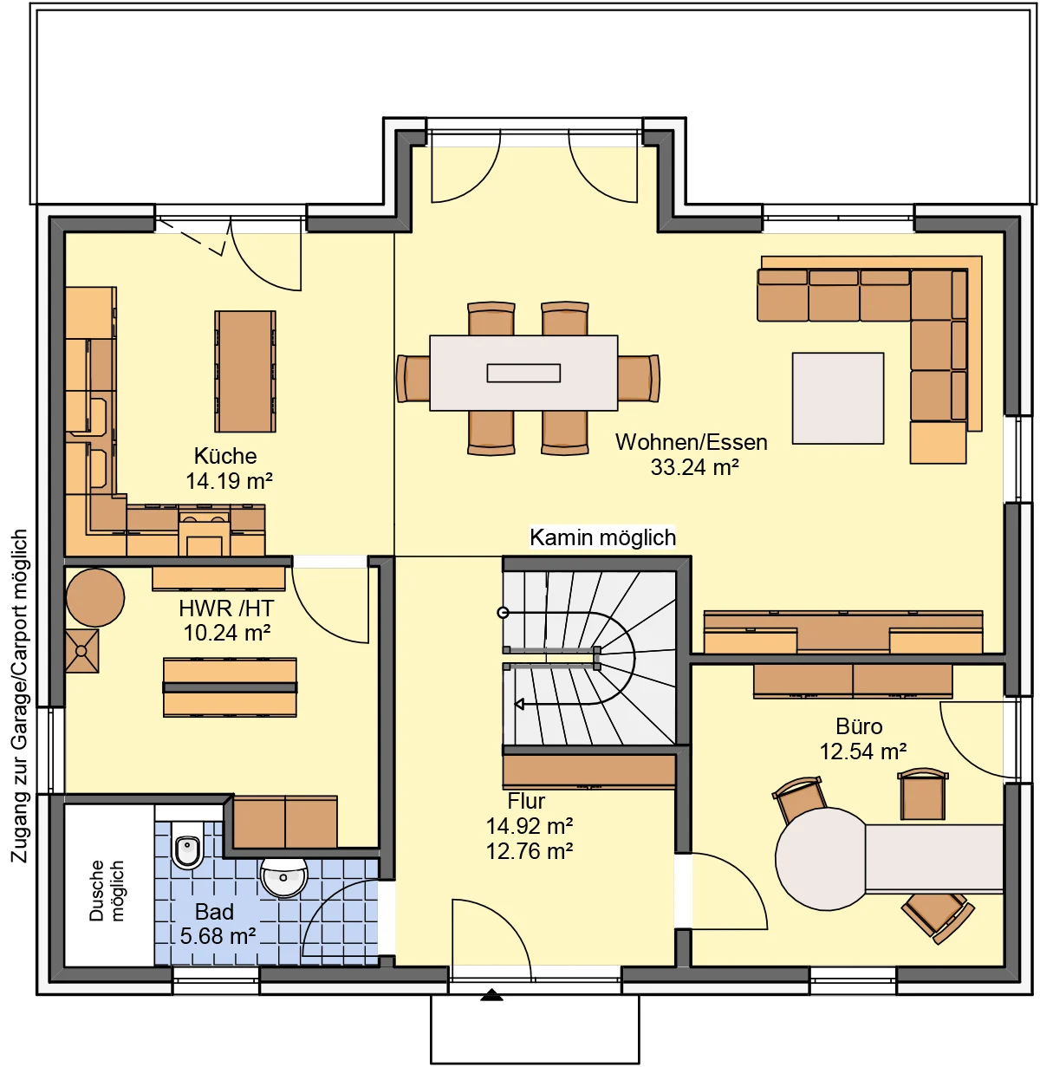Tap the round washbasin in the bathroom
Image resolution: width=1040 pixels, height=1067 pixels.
(x=283, y=877)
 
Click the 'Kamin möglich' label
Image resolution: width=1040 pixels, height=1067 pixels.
(x=602, y=537)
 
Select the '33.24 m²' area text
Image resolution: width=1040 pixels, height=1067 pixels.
(x=694, y=467)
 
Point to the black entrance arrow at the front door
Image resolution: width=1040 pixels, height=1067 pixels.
(x=491, y=994)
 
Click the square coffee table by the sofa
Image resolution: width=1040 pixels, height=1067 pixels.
(x=838, y=398)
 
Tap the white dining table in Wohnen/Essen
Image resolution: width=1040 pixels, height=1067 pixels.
(x=523, y=373)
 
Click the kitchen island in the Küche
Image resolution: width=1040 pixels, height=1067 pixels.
(x=245, y=372)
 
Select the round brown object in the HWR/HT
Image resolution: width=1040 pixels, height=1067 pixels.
(x=95, y=598)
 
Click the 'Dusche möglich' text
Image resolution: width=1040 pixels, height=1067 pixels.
(x=107, y=890)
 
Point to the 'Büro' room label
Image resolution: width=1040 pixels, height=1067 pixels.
(x=859, y=726)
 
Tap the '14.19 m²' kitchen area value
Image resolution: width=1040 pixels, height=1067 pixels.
(x=229, y=481)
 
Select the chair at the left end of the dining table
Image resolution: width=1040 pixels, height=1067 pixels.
(x=413, y=378)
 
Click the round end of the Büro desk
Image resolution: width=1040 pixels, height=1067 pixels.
(x=821, y=859)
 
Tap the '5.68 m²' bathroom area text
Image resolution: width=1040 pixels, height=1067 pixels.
(x=218, y=936)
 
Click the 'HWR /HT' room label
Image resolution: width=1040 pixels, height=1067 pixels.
(x=226, y=608)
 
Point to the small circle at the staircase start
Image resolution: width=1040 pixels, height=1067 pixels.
(x=503, y=613)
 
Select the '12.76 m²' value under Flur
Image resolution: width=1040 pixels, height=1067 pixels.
(x=530, y=851)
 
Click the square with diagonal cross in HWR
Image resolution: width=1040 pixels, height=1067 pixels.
(x=81, y=651)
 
